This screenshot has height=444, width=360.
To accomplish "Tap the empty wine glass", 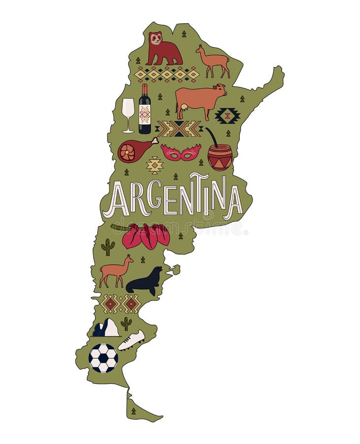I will (128, 112).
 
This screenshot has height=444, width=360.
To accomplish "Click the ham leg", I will (134, 150).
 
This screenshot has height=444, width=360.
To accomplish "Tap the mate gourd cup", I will (219, 156).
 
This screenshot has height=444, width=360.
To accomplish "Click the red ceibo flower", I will (146, 236).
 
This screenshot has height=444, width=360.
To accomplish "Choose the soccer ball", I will (103, 358).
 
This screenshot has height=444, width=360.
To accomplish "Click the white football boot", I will (132, 340).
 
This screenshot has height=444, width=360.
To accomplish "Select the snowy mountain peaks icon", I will (106, 328).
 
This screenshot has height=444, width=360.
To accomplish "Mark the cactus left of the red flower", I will (108, 246).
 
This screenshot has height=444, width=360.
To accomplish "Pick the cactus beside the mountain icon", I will (127, 323).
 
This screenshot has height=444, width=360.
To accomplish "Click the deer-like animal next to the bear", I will (214, 62).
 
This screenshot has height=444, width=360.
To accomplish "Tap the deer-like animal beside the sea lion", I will (116, 271).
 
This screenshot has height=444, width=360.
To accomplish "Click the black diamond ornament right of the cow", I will (227, 116).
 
